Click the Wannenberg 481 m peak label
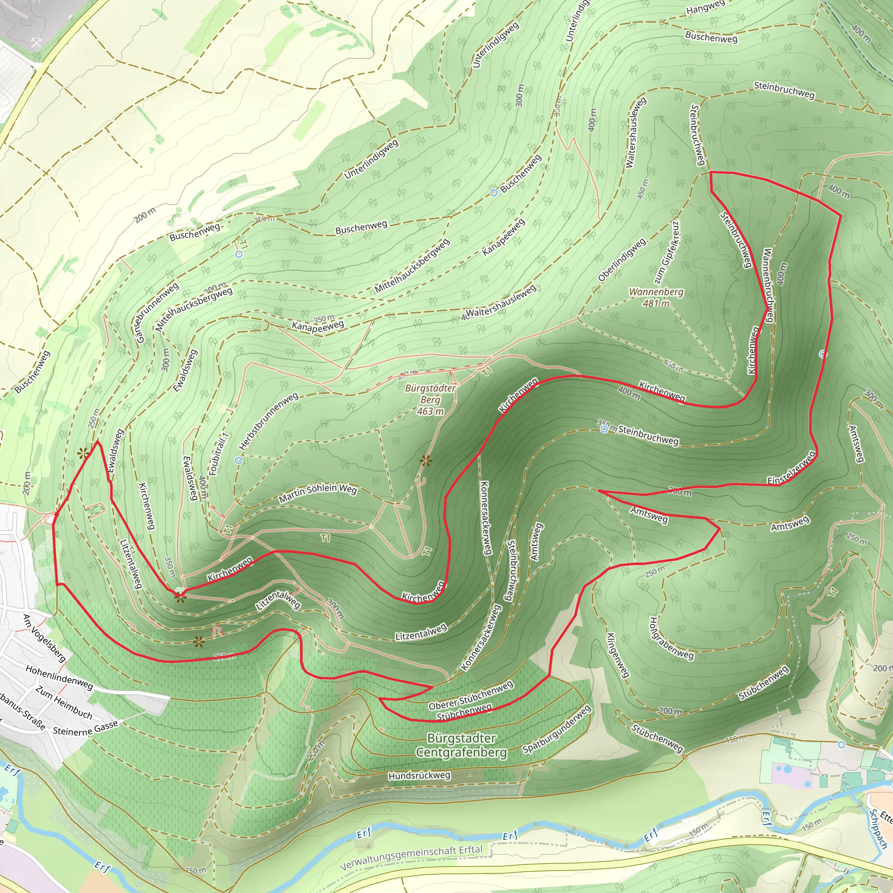656,298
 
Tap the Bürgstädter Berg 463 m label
430,399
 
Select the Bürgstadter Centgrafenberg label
461,745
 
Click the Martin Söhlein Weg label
317,493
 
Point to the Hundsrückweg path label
419,776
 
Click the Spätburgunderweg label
556,729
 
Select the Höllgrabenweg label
671,638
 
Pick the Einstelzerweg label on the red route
791,468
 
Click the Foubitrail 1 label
218,454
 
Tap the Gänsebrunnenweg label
157,313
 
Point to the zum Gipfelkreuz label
667,252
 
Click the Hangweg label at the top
706,7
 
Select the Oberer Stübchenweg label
470,695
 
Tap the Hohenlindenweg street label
59,678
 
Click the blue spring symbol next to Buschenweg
494,192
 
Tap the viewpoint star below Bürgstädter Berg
426,460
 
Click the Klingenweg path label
617,655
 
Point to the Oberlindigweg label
622,260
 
